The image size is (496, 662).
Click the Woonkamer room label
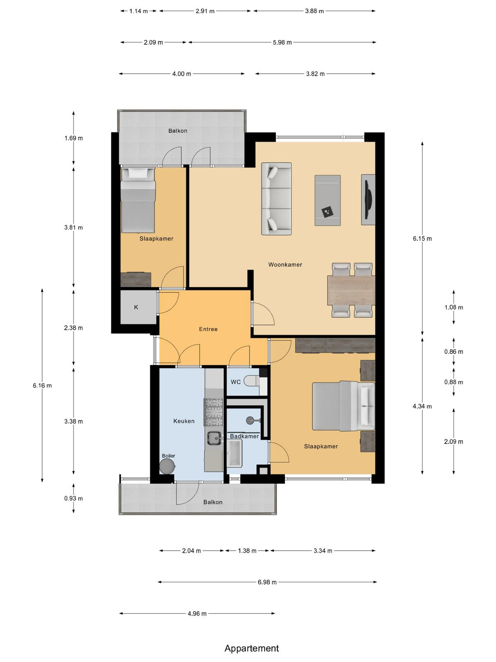pyautogui.click(x=285, y=264)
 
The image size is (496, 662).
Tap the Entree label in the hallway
pyautogui.click(x=208, y=329)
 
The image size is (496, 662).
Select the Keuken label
pyautogui.click(x=184, y=421)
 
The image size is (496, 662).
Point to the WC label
pyautogui.click(x=236, y=382)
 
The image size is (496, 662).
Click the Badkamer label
pyautogui.click(x=244, y=436)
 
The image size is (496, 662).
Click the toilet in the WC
pyautogui.click(x=251, y=381)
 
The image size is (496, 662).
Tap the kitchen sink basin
pyautogui.click(x=214, y=438)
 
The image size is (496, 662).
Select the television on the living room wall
pyautogui.click(x=368, y=200)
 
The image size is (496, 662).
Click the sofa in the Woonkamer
pyautogui.click(x=276, y=199)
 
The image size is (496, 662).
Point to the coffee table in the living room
pyautogui.click(x=328, y=200)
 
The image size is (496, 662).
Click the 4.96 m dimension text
pyautogui.click(x=197, y=614)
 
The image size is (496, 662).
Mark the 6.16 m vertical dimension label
pyautogui.click(x=42, y=386)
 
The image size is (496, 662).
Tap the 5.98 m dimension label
pyautogui.click(x=282, y=43)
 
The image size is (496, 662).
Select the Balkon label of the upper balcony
pyautogui.click(x=178, y=131)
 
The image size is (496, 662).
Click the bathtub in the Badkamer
pyautogui.click(x=234, y=453)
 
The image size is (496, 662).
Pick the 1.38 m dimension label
pyautogui.click(x=247, y=551)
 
